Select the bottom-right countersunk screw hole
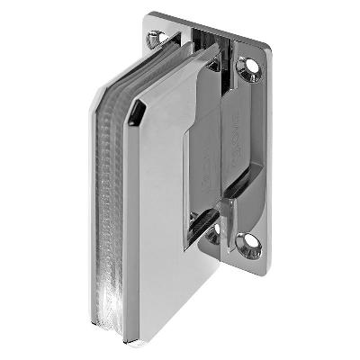[247, 241]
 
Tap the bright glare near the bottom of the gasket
[112, 301]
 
